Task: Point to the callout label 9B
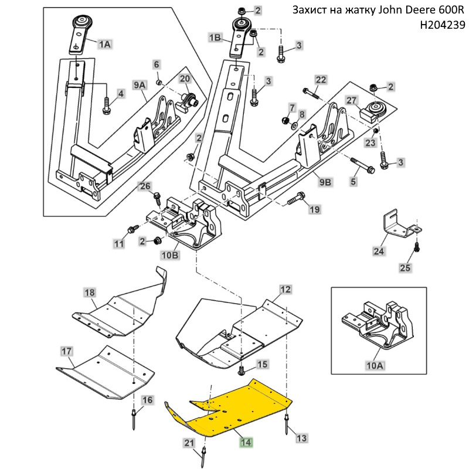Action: (x=325, y=182)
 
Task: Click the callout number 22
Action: (x=321, y=80)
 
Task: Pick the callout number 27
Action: (x=351, y=100)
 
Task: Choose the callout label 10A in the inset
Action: (x=375, y=366)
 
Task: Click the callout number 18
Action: (x=89, y=292)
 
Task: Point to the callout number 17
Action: (x=66, y=351)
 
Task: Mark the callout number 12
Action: (x=285, y=289)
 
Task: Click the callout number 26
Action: (x=145, y=186)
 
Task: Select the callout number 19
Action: (x=315, y=209)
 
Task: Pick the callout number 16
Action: (x=147, y=400)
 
